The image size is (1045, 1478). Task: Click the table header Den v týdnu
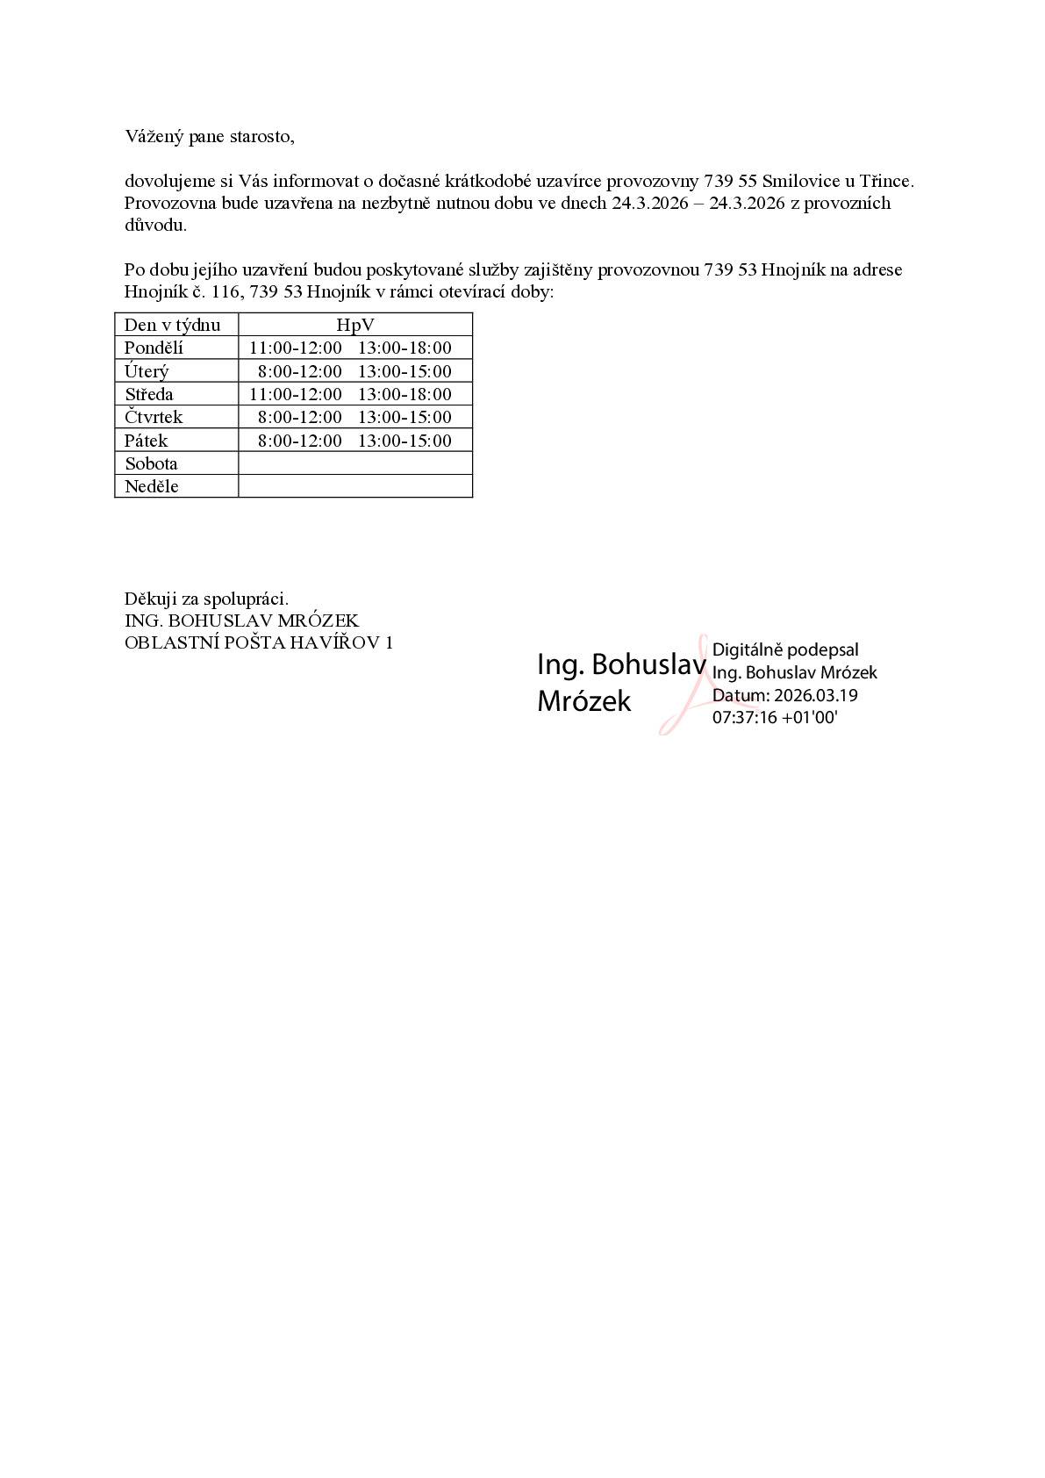click(172, 325)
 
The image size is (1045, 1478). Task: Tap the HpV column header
click(354, 325)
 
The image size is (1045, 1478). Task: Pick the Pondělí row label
click(154, 348)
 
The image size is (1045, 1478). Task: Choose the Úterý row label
click(147, 371)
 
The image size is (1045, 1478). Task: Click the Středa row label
click(149, 394)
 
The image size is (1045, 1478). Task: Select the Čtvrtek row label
click(154, 417)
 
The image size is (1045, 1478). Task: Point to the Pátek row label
click(146, 441)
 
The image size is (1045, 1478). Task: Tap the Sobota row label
click(151, 463)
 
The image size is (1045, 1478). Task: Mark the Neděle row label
click(151, 486)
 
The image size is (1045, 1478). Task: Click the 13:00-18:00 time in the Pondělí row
click(404, 348)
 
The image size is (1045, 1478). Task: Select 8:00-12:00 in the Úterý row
click(299, 371)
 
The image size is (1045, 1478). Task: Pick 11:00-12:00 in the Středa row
click(296, 394)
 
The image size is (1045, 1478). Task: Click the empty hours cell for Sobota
click(354, 463)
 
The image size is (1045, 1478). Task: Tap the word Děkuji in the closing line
click(151, 599)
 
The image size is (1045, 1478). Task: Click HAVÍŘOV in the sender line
click(338, 642)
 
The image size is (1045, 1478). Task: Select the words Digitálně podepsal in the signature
click(785, 650)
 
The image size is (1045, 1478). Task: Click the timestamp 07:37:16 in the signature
click(744, 718)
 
